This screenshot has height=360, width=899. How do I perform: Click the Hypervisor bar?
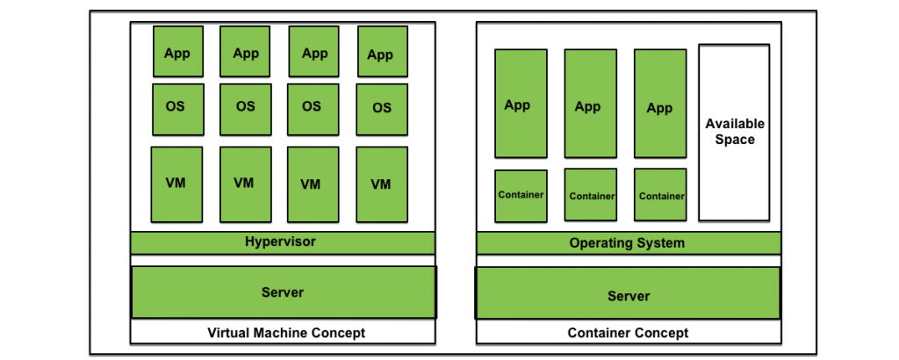point(283,242)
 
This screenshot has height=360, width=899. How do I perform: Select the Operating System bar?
point(628,243)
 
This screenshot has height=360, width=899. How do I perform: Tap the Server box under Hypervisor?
point(284,292)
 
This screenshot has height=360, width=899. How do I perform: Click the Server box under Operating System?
point(628,295)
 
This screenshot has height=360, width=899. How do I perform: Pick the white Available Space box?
point(734,133)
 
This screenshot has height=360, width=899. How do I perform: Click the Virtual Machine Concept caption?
point(285,333)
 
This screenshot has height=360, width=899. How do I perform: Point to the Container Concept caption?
point(628,333)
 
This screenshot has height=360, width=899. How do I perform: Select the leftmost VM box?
point(176,184)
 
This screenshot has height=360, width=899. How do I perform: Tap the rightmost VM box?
point(382,184)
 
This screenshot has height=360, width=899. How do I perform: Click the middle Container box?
point(590,196)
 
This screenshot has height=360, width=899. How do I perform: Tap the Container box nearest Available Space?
point(660,196)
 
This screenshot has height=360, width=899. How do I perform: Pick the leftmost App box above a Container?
point(521,104)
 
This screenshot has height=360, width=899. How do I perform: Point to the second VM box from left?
point(245,184)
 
